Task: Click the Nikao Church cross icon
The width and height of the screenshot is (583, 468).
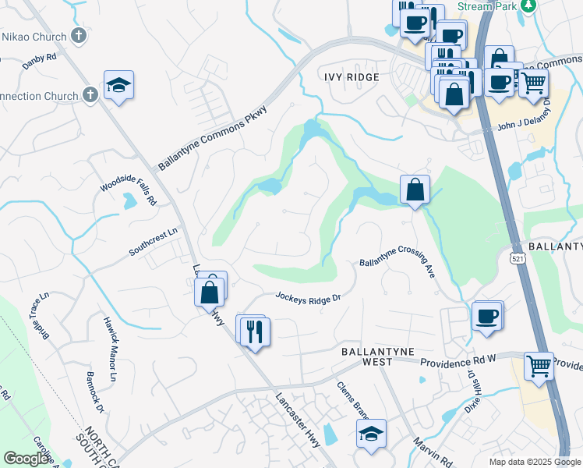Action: (x=78, y=36)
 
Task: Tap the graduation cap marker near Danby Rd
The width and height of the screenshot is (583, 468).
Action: (x=118, y=85)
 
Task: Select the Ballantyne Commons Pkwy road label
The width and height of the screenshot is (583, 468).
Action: (x=212, y=139)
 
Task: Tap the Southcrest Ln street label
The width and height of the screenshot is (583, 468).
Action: (x=154, y=240)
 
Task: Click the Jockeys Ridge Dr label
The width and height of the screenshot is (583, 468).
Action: (x=309, y=297)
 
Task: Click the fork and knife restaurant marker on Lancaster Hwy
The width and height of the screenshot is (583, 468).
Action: (x=253, y=331)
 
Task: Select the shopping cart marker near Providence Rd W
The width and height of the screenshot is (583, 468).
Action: (x=539, y=365)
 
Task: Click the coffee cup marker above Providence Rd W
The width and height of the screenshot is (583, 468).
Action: (x=487, y=317)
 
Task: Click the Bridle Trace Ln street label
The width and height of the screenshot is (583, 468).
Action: (x=40, y=316)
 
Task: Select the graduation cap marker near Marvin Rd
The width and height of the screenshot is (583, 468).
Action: (x=371, y=434)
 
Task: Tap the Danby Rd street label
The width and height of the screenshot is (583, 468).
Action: (x=40, y=57)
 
